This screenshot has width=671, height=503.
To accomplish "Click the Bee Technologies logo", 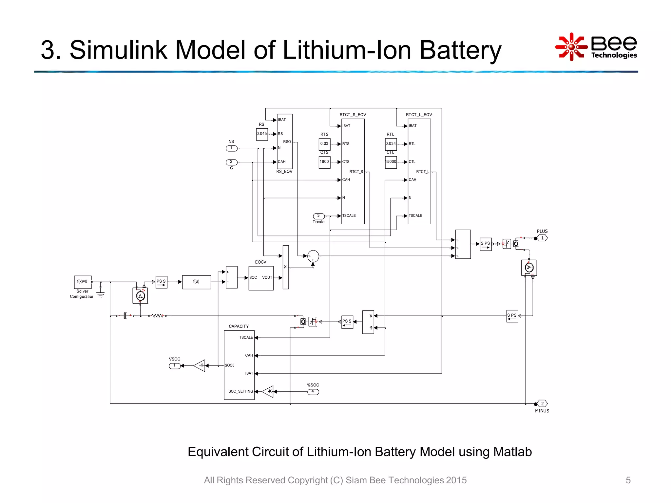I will click(x=596, y=47).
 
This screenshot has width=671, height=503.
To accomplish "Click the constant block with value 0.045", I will click(x=262, y=134).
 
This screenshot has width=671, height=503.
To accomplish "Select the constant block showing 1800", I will click(x=324, y=162).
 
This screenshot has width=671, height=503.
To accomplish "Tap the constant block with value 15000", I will click(x=391, y=162).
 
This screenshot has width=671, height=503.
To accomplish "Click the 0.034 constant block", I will click(x=391, y=144).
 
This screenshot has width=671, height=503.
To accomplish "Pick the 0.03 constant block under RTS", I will click(x=324, y=144).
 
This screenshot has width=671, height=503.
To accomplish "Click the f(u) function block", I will click(x=196, y=282).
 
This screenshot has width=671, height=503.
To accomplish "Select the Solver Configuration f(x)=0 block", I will click(x=83, y=282).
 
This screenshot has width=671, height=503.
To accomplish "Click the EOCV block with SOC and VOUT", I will click(x=261, y=278).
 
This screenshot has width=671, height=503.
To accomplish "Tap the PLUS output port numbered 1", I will click(x=542, y=238).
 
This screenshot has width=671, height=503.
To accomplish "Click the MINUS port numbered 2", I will click(x=542, y=403).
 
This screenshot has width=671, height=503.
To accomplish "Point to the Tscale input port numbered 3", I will click(x=319, y=216).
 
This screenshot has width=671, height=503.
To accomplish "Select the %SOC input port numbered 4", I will click(x=313, y=392).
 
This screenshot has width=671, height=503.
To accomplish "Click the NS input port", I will click(x=231, y=148).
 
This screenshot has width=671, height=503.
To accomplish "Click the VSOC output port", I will click(x=175, y=366).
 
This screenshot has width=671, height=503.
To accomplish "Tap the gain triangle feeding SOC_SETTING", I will click(x=268, y=391).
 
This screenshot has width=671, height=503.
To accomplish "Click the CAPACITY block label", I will click(x=239, y=326).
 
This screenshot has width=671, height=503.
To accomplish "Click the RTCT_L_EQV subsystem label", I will click(x=419, y=115).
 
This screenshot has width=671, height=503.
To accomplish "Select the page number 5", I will click(x=628, y=480).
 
